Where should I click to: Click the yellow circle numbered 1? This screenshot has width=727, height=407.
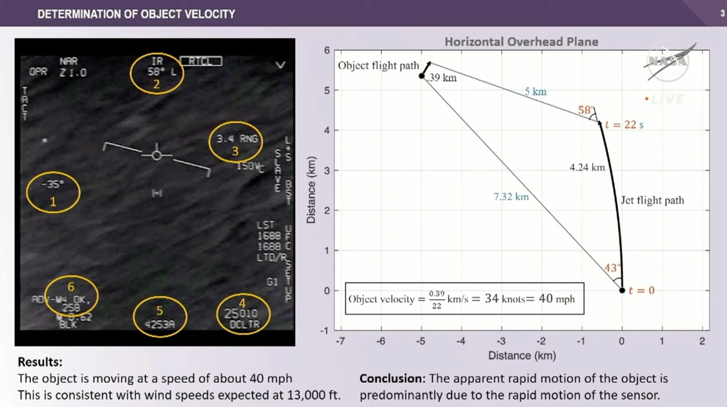coord(53,192)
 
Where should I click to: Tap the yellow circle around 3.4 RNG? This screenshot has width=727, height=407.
coord(235,142)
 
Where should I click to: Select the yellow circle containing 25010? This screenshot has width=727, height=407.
coord(243,314)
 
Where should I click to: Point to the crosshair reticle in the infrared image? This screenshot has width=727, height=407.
coord(157,155)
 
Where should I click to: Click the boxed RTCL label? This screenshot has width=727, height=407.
coord(201,61)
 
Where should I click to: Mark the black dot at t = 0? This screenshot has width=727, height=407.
coord(622,290)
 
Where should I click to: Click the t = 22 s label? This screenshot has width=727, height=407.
coord(624,125)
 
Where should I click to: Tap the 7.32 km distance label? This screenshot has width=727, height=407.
coord(511,196)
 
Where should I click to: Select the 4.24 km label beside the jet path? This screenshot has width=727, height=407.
coord(587,167)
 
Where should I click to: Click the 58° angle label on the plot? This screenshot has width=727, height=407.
coord(586,110)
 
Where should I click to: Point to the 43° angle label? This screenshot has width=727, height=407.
coord(611,268)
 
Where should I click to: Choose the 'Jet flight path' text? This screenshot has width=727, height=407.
coord(652,200)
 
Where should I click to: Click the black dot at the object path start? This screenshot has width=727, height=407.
coord(422,76)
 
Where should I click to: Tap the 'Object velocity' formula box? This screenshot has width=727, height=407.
coord(464,299)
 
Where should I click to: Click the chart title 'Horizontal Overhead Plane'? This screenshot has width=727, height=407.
coord(521,42)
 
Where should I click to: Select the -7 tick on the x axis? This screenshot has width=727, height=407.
coord(340,341)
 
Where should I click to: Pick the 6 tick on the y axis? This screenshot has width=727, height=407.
coord(327,50)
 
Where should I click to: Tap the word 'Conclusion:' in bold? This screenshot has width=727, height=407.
coord(392,379)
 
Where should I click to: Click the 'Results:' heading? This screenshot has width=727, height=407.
coord(40,362)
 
